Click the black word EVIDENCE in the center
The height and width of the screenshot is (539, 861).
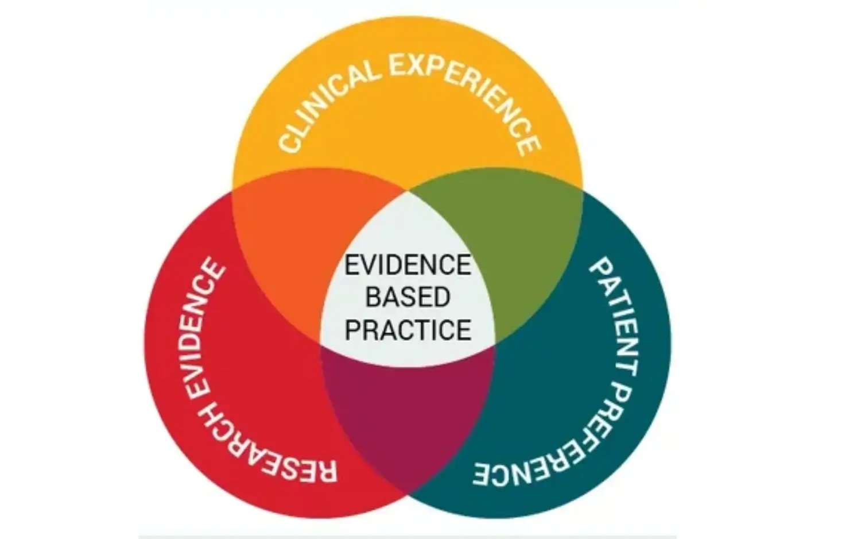click(408, 265)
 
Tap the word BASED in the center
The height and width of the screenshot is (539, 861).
click(408, 297)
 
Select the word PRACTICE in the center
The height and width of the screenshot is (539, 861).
click(408, 330)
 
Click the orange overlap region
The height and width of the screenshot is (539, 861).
click(304, 246)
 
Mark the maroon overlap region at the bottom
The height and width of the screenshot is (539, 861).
click(408, 415)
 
